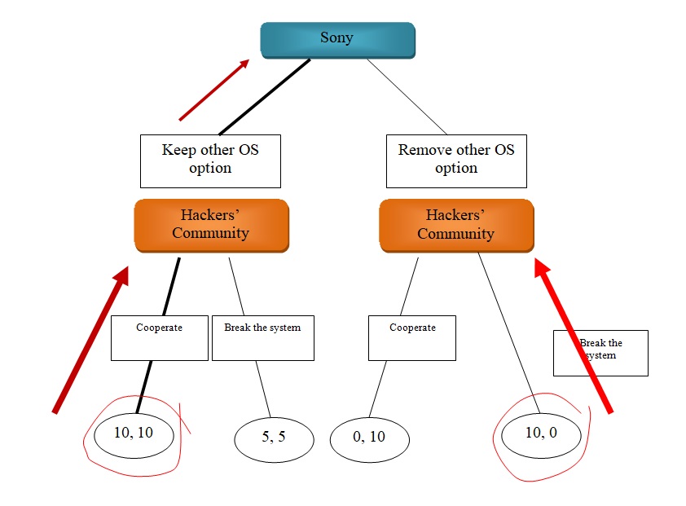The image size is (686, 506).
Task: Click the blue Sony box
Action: (x=337, y=39)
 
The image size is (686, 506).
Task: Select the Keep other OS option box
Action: (x=210, y=161)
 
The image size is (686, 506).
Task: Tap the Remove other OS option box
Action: (x=456, y=161)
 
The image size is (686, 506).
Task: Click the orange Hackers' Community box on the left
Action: (x=211, y=224)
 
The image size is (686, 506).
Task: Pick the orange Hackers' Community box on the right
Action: (x=456, y=224)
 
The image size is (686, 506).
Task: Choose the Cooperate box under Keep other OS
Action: (x=159, y=337)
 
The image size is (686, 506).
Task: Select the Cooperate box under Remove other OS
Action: (x=411, y=337)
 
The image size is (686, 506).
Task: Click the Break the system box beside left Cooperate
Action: (x=262, y=337)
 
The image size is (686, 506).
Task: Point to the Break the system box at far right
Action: (x=600, y=352)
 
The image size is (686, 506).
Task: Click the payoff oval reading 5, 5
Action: (x=274, y=438)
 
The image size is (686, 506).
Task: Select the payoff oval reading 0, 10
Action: (x=369, y=438)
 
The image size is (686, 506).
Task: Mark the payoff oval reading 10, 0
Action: (x=541, y=433)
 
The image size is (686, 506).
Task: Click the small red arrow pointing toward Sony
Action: (x=213, y=90)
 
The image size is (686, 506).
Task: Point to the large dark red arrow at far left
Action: (x=90, y=340)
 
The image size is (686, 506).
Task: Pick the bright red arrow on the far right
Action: (x=574, y=337)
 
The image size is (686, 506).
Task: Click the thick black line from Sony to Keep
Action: (x=265, y=96)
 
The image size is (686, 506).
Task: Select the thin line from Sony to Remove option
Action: (x=407, y=96)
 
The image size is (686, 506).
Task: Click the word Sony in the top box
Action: (x=337, y=38)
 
